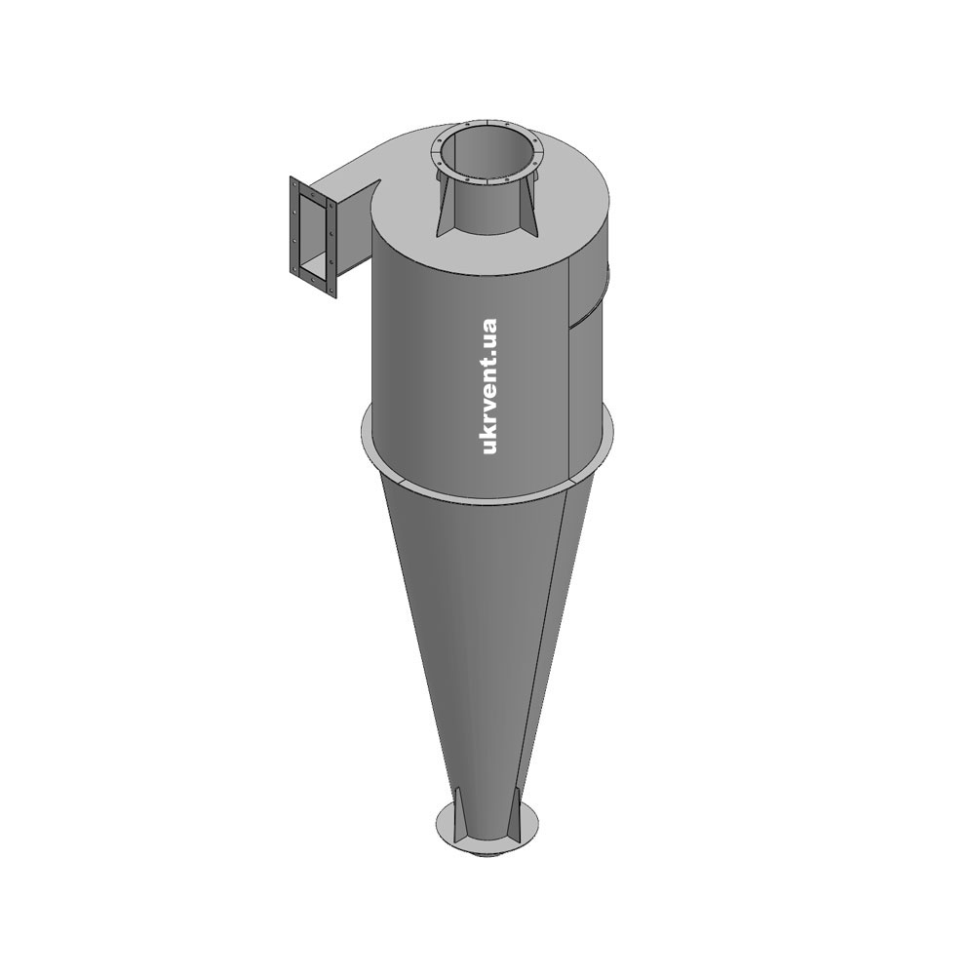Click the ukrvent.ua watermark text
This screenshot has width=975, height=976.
click(x=490, y=386)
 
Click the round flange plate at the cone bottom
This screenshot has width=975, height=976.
click(x=487, y=834)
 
